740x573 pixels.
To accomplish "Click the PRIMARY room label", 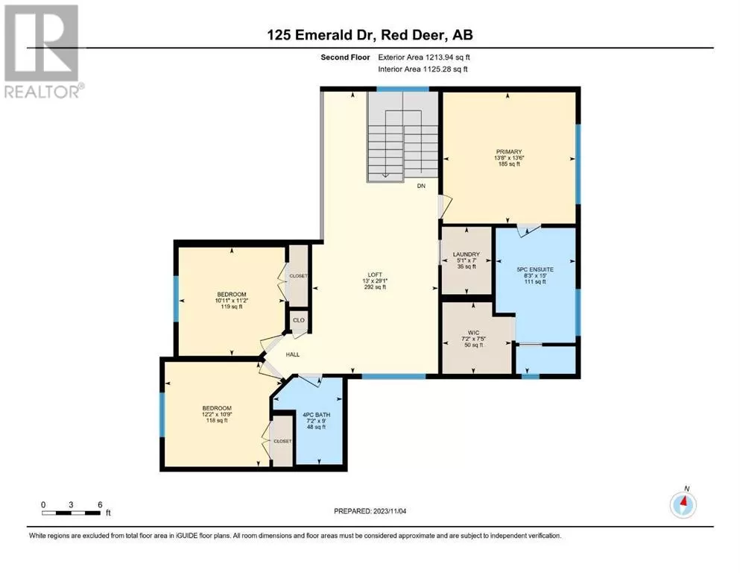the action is (x=508, y=151).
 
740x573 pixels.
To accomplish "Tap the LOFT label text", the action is (x=375, y=275).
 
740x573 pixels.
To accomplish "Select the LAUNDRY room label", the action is (x=467, y=254).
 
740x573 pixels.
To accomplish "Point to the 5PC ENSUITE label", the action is (x=535, y=269).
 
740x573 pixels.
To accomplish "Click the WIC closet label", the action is (x=473, y=333).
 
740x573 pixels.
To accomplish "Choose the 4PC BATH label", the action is (x=316, y=415).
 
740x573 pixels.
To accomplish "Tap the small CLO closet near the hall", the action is (x=299, y=320).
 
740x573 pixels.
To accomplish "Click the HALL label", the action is (x=293, y=354).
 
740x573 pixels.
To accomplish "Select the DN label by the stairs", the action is (x=421, y=186).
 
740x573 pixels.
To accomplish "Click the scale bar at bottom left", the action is (x=72, y=513).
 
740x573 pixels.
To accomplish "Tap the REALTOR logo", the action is (x=43, y=51).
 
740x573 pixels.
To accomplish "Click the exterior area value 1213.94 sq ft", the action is (x=447, y=57).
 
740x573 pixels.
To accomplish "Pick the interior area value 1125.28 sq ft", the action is (x=446, y=69).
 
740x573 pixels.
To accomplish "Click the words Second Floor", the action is (x=345, y=57).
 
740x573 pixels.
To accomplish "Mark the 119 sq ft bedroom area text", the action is (x=232, y=307).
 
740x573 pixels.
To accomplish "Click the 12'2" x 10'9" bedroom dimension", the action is (x=217, y=414).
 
